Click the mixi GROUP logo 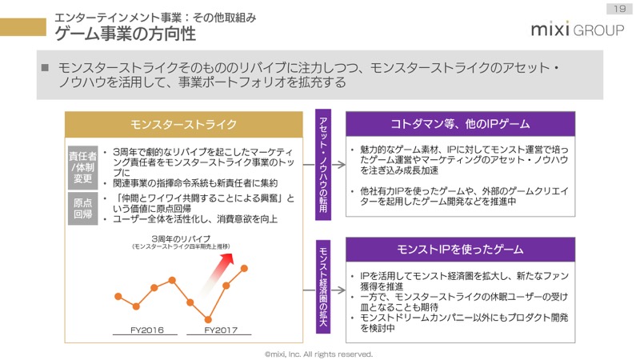tap(578, 30)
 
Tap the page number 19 tap(619, 9)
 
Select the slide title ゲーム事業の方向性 tap(126, 34)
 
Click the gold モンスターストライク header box tap(184, 124)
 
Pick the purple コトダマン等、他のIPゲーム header tap(461, 124)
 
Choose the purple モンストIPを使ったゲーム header tap(461, 249)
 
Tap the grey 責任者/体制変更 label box tap(83, 167)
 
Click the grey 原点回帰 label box tap(83, 208)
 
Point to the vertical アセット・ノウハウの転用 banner tap(323, 165)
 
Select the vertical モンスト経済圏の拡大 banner tap(323, 286)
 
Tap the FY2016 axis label tap(147, 330)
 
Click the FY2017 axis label tap(221, 330)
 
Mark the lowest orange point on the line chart tap(208, 319)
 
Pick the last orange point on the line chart tap(244, 268)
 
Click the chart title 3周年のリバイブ tap(182, 238)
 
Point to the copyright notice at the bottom tap(318, 354)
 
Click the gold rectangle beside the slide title tap(23, 27)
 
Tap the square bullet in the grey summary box tap(46, 67)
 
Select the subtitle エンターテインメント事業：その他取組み tap(155, 18)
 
